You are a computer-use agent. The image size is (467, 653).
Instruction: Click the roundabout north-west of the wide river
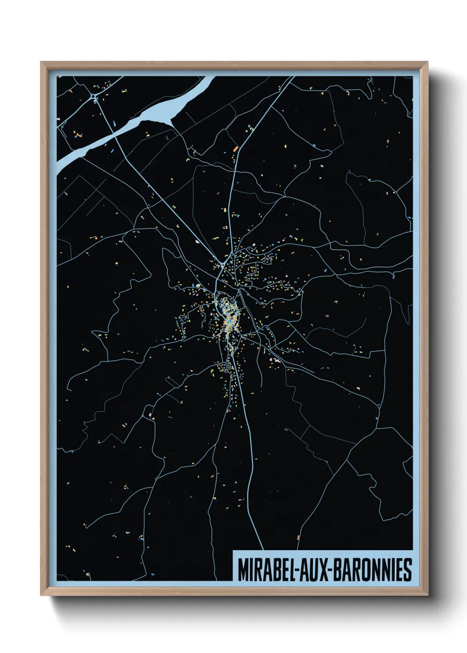94,96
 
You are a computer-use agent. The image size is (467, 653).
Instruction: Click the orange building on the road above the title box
298,537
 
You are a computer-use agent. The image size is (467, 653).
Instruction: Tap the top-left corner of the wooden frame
41,62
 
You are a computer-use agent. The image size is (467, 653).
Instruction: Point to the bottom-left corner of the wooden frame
41,595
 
